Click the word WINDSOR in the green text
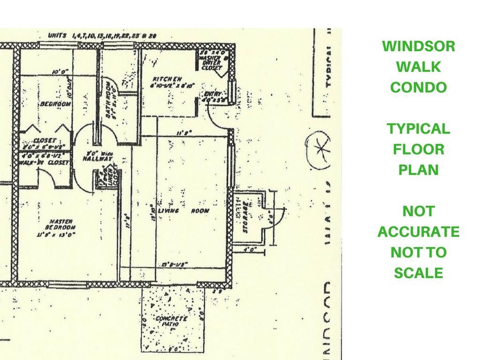[x=419, y=46]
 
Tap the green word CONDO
[x=419, y=88]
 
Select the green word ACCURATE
[x=419, y=232]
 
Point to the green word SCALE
[x=419, y=273]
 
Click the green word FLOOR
[x=419, y=150]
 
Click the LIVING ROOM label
[x=183, y=211]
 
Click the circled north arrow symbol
[x=318, y=149]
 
